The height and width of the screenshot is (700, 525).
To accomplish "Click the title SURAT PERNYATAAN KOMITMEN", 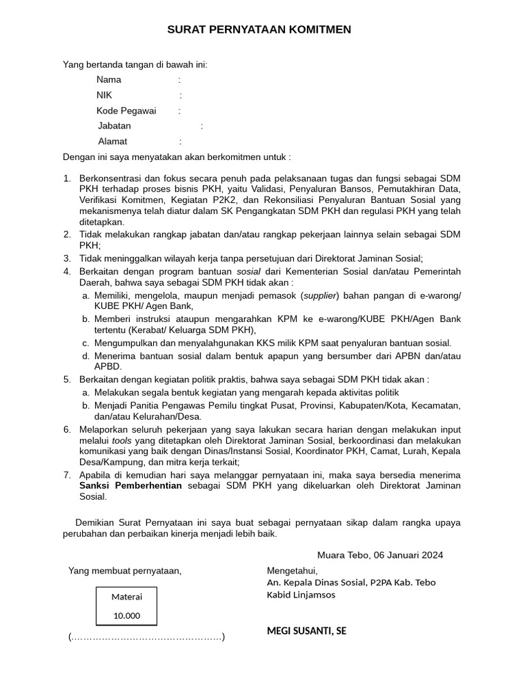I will (260, 30).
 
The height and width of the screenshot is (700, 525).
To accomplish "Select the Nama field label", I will (109, 80).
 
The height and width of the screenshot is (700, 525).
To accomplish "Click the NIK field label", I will (104, 96).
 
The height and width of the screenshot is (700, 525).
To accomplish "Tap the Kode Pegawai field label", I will (126, 111).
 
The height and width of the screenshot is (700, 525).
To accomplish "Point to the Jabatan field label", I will (114, 126).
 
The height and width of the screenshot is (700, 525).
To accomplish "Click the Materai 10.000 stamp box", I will (126, 606).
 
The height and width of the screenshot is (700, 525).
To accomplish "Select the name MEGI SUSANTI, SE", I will (306, 631).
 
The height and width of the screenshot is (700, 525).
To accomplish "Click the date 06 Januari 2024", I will (409, 555).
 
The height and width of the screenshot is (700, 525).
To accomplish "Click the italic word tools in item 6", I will (122, 440).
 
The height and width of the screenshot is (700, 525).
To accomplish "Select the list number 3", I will (67, 258).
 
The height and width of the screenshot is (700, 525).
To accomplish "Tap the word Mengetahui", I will (292, 570).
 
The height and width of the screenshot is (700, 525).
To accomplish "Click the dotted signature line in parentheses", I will (146, 637).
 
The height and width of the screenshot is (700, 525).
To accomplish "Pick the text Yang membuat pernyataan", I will (124, 571).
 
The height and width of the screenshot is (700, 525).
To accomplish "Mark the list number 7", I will (67, 474).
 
